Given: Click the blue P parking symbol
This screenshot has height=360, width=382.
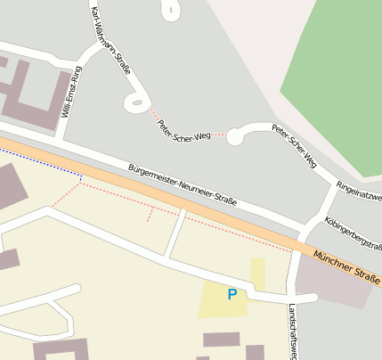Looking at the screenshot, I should pyautogui.click(x=232, y=294).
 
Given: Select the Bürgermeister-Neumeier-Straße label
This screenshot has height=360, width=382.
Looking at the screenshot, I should pyautogui.click(x=183, y=184).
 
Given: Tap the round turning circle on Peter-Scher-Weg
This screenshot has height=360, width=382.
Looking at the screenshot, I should pyautogui.click(x=236, y=136).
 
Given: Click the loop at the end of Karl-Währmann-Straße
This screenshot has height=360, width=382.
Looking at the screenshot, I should pyautogui.click(x=136, y=103).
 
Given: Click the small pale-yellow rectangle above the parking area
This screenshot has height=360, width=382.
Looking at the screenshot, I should pyautogui.click(x=257, y=273).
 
